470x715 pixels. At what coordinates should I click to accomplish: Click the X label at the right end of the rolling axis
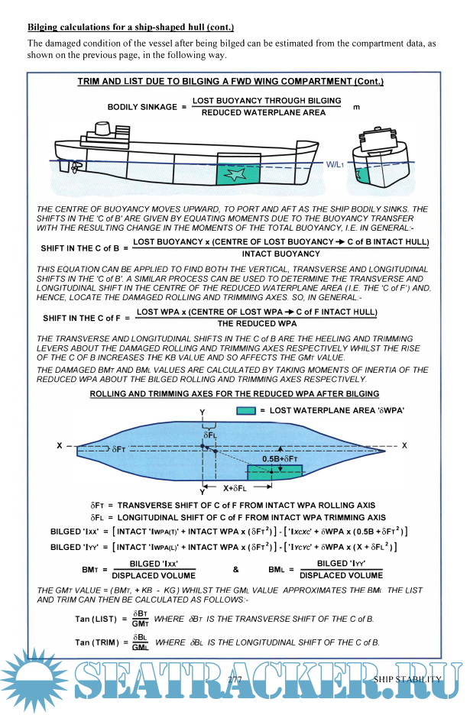coord(405,444)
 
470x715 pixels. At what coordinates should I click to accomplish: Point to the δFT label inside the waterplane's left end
coord(121,450)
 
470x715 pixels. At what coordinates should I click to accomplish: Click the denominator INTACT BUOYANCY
coord(281,254)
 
